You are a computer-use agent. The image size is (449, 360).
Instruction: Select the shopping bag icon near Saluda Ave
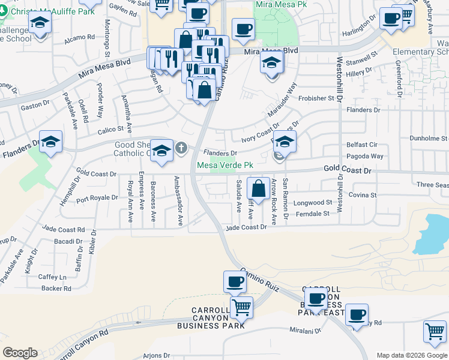click(258, 188)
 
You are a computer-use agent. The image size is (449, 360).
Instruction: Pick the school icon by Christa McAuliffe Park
click(40, 24)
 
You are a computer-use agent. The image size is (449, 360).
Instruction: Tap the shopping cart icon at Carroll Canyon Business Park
click(241, 308)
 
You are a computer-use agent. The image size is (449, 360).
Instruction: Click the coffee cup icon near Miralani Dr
click(357, 314)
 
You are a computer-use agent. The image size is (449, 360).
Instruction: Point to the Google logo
click(20, 353)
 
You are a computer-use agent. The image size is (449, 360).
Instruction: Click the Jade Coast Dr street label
click(246, 227)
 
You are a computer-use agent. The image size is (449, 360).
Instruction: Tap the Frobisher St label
click(316, 98)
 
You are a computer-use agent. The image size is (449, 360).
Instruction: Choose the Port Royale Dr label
click(97, 197)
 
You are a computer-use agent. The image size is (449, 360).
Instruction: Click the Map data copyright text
click(412, 355)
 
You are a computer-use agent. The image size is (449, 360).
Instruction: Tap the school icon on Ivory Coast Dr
click(285, 142)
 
